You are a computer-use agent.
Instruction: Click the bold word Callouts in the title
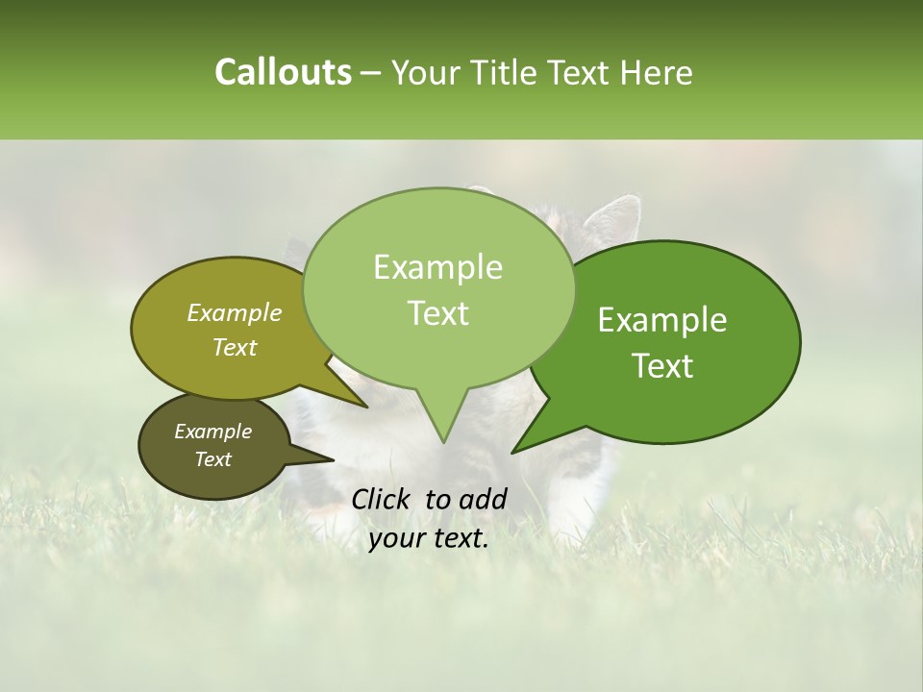pos(283,72)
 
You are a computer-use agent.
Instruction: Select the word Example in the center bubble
pos(437,268)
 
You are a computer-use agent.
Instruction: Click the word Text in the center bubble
pos(437,313)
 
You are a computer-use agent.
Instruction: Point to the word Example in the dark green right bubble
pos(662,320)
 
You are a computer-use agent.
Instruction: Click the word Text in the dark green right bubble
pos(662,366)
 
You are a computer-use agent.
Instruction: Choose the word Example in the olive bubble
pos(235,313)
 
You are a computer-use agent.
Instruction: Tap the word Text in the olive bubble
pos(235,348)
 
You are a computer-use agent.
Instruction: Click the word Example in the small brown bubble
pos(212,432)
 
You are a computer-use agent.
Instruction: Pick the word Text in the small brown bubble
pos(212,459)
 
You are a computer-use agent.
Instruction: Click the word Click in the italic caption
pos(384,499)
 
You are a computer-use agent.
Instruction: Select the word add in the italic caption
pos(483,499)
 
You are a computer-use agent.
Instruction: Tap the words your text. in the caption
pos(429,539)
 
